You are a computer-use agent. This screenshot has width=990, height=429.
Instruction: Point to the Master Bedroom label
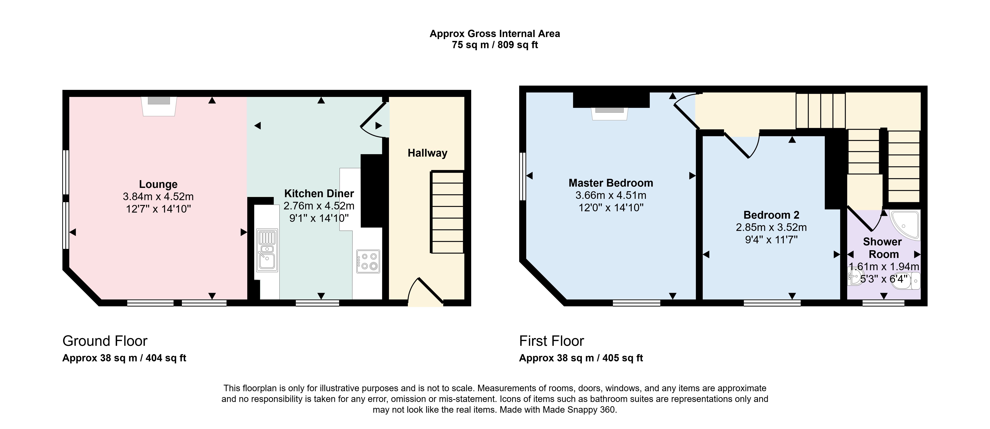[x=611, y=183]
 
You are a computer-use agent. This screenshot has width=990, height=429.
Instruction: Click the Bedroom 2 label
[x=771, y=215]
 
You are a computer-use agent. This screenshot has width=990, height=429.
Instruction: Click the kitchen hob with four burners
[x=368, y=261]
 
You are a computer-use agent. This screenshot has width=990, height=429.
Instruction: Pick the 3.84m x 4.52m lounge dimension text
[x=158, y=197]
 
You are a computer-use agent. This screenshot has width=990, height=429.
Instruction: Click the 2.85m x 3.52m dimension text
[x=771, y=227]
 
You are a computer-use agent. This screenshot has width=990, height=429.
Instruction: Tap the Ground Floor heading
[x=105, y=341]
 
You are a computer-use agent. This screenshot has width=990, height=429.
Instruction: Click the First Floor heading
[x=552, y=341]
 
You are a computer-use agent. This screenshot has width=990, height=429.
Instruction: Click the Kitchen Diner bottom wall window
[x=317, y=303]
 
